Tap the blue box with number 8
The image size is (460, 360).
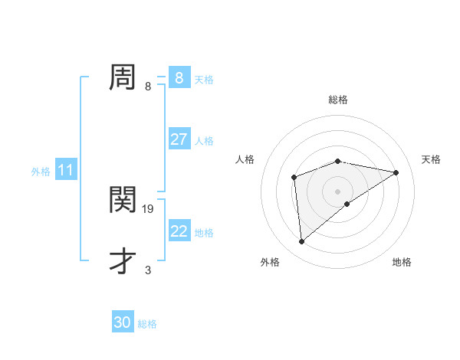pos(179,78)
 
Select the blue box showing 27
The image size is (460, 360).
pos(179,139)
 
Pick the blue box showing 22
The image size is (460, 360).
pos(179,231)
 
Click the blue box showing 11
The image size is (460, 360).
pos(66,171)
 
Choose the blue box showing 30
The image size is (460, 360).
pos(123,322)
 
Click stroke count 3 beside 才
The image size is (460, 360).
pos(148,270)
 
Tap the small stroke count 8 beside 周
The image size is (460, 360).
pos(148,87)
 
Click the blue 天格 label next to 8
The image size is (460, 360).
pos(204,79)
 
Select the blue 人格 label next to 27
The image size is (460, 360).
pos(204,140)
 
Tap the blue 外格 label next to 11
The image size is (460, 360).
pos(41,172)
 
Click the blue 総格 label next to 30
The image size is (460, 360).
pos(147,323)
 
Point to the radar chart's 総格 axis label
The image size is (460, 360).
pos(337,100)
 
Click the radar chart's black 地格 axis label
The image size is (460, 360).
pos(402,262)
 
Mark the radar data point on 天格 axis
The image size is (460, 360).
pos(396,172)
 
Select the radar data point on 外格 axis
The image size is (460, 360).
pos(302,241)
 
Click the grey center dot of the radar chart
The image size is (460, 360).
pos(337,191)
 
